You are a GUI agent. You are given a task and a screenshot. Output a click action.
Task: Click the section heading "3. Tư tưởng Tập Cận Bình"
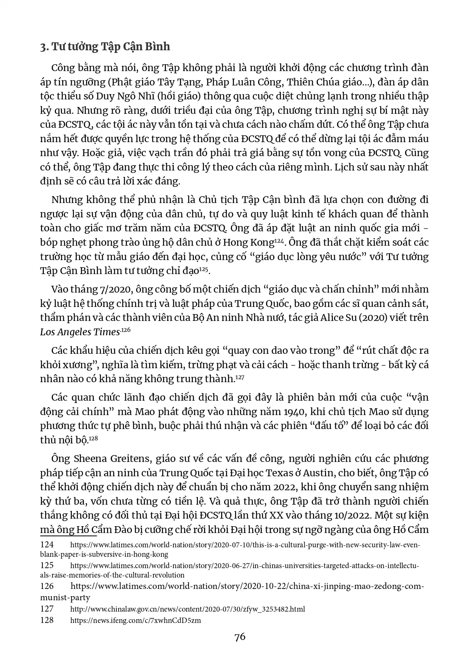pos(105,47)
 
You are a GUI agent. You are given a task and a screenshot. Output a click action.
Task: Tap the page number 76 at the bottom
pos(240,637)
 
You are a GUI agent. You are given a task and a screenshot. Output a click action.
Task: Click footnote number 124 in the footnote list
pos(47,545)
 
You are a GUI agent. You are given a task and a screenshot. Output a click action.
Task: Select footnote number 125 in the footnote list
pos(47,565)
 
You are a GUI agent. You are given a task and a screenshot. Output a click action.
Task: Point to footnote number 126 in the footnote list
pos(47,586)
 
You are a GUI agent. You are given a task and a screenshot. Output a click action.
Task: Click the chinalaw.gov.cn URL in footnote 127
pos(187,609)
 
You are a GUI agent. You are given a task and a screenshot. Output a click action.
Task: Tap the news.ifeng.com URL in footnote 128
pos(136,620)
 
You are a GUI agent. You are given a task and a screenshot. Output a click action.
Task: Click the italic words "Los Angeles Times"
pos(80,332)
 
